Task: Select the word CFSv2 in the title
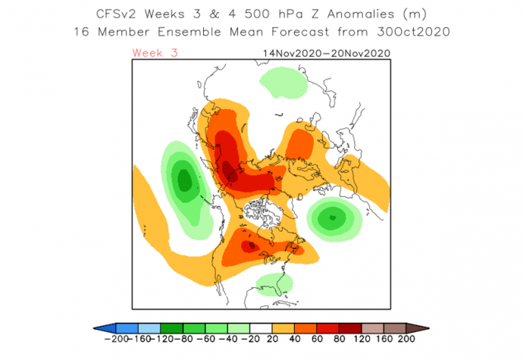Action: click(x=123, y=14)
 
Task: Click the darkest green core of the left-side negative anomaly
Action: click(x=183, y=181)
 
